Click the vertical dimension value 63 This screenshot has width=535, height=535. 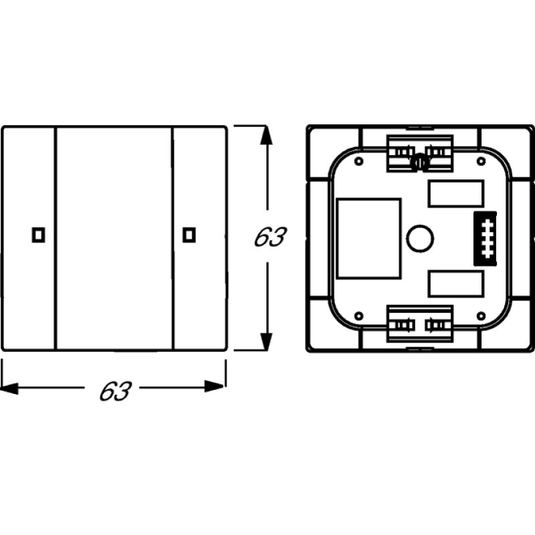coord(270,237)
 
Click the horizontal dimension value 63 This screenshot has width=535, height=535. coord(115,391)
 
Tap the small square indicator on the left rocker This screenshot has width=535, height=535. coord(39,235)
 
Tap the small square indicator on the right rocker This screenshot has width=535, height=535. coord(189,235)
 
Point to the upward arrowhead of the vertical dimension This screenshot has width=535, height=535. coord(266,135)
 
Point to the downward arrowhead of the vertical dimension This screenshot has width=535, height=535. coord(266,341)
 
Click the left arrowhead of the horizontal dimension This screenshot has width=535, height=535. coord(9,388)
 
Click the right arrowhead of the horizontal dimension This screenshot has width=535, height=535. coord(215,387)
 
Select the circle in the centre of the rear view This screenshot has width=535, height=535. coord(420,239)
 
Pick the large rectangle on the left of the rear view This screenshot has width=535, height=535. coord(368,239)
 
